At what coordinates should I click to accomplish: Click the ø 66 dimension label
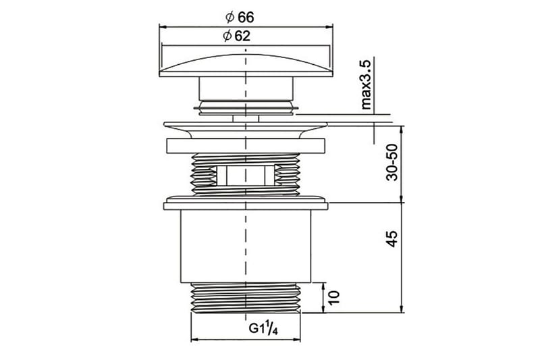240,18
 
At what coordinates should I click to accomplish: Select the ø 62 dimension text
237,36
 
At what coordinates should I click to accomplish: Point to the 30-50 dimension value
392,162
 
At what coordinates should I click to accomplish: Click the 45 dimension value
392,238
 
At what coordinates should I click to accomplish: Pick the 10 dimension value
333,297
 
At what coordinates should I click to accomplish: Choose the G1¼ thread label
263,329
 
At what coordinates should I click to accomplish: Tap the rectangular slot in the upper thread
246,175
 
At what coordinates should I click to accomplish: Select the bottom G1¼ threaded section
246,298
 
